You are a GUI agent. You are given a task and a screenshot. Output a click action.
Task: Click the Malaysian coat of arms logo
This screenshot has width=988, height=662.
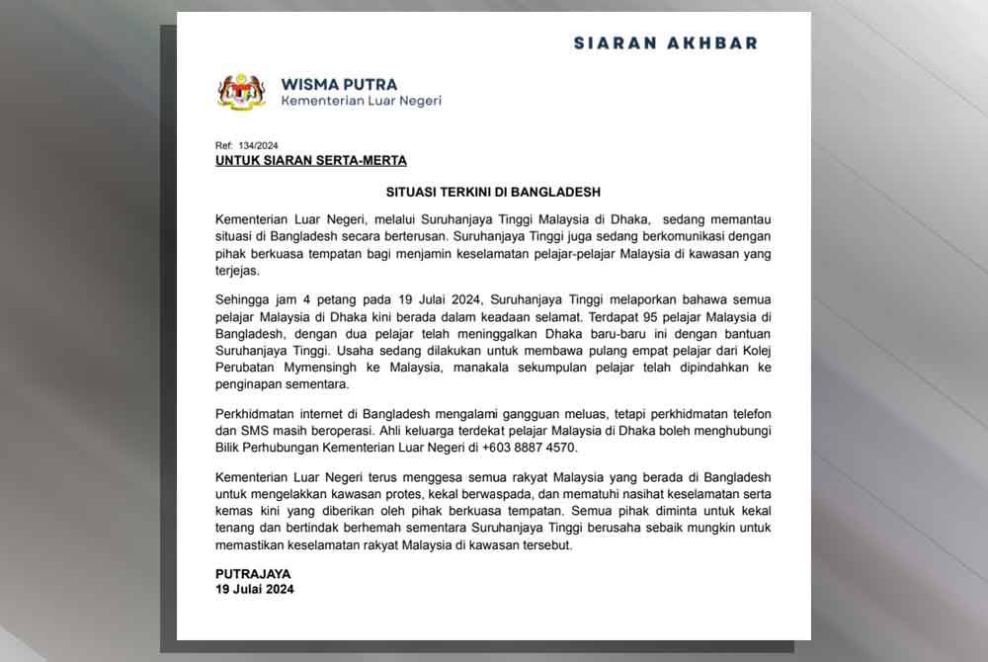241,92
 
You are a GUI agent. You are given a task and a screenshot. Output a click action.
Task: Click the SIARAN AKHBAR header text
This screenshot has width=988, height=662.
665,43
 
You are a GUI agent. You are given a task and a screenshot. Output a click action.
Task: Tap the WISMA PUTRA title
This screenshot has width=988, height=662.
339,84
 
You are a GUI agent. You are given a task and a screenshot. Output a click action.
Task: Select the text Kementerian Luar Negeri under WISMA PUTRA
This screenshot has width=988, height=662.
361,101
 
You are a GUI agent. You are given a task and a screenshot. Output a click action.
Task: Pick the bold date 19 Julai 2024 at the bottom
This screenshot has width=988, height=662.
255,590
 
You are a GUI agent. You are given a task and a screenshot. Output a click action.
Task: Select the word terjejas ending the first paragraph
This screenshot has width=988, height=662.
235,271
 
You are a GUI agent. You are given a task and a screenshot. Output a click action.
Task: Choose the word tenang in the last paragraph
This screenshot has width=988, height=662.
236,531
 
